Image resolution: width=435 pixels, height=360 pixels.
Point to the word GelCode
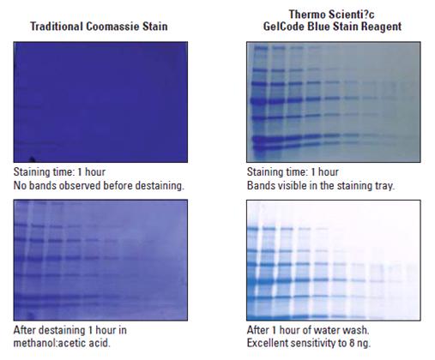(284, 27)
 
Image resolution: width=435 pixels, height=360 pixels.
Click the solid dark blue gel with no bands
(100, 102)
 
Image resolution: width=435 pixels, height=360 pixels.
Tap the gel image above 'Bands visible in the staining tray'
(334, 102)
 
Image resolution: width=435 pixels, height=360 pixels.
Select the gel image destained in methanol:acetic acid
(100, 260)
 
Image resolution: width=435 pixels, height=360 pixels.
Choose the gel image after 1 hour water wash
(334, 260)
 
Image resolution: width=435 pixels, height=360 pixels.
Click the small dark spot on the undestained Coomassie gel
(32, 159)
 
